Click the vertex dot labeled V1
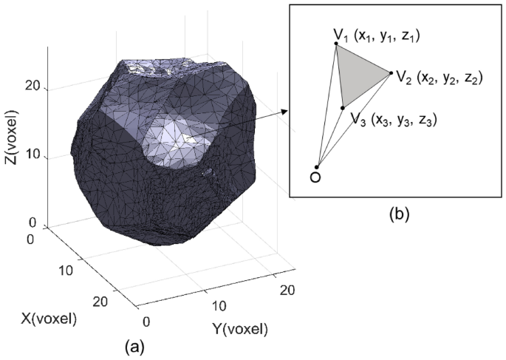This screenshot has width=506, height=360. click(337, 44)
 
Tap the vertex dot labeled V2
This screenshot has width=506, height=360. click(390, 72)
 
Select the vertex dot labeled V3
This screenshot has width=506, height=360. click(343, 108)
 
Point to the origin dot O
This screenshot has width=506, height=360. click(317, 167)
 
